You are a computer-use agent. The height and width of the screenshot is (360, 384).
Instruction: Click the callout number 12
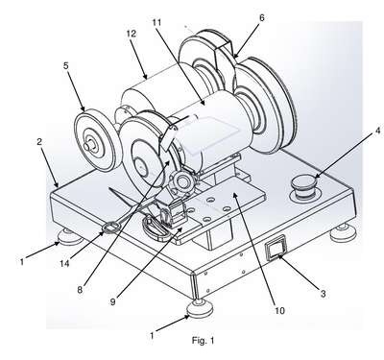pos(132,34)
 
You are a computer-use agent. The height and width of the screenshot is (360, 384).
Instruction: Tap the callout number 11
pos(156,22)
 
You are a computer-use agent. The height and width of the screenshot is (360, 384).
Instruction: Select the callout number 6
pos(262,18)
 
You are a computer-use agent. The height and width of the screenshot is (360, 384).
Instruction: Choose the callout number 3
pos(324,293)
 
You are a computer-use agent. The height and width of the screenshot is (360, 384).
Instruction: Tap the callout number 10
pos(279,310)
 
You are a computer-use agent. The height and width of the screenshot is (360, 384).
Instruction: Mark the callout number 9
pos(112,301)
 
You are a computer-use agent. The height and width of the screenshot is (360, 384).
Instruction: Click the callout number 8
pos(80,290)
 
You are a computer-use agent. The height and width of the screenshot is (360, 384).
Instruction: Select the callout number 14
pos(64,263)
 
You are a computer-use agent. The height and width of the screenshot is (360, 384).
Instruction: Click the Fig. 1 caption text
pos(203,341)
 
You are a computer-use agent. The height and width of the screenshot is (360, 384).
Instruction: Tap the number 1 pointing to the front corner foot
pos(152,336)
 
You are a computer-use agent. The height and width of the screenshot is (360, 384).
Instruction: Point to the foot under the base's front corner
pos(200,308)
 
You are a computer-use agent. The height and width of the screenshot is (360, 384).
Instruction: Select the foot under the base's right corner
pos(344,233)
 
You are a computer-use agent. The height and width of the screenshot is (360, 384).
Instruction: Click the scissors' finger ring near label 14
pos(111,228)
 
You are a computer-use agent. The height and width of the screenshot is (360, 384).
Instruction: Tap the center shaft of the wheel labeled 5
pos(87,146)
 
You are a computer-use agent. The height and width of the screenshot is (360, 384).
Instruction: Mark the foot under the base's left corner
pos(70,237)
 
